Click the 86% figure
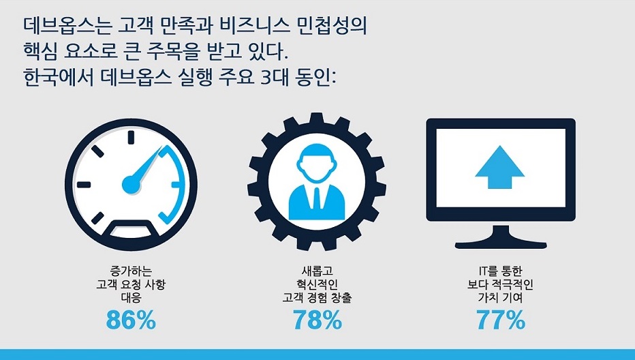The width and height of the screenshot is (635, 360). tap(131, 320)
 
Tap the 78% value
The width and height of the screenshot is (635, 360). tap(317, 320)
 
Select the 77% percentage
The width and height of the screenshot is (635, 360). tap(501, 320)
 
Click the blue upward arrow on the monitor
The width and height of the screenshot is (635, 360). tap(499, 167)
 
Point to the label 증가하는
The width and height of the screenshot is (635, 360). tap(131, 271)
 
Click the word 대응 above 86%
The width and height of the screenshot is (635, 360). tap(131, 298)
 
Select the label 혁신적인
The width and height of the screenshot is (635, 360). tap(317, 284)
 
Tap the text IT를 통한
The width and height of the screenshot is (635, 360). tap(501, 271)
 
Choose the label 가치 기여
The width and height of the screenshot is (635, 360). tap(501, 298)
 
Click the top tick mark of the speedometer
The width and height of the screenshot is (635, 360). tap(131, 138)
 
